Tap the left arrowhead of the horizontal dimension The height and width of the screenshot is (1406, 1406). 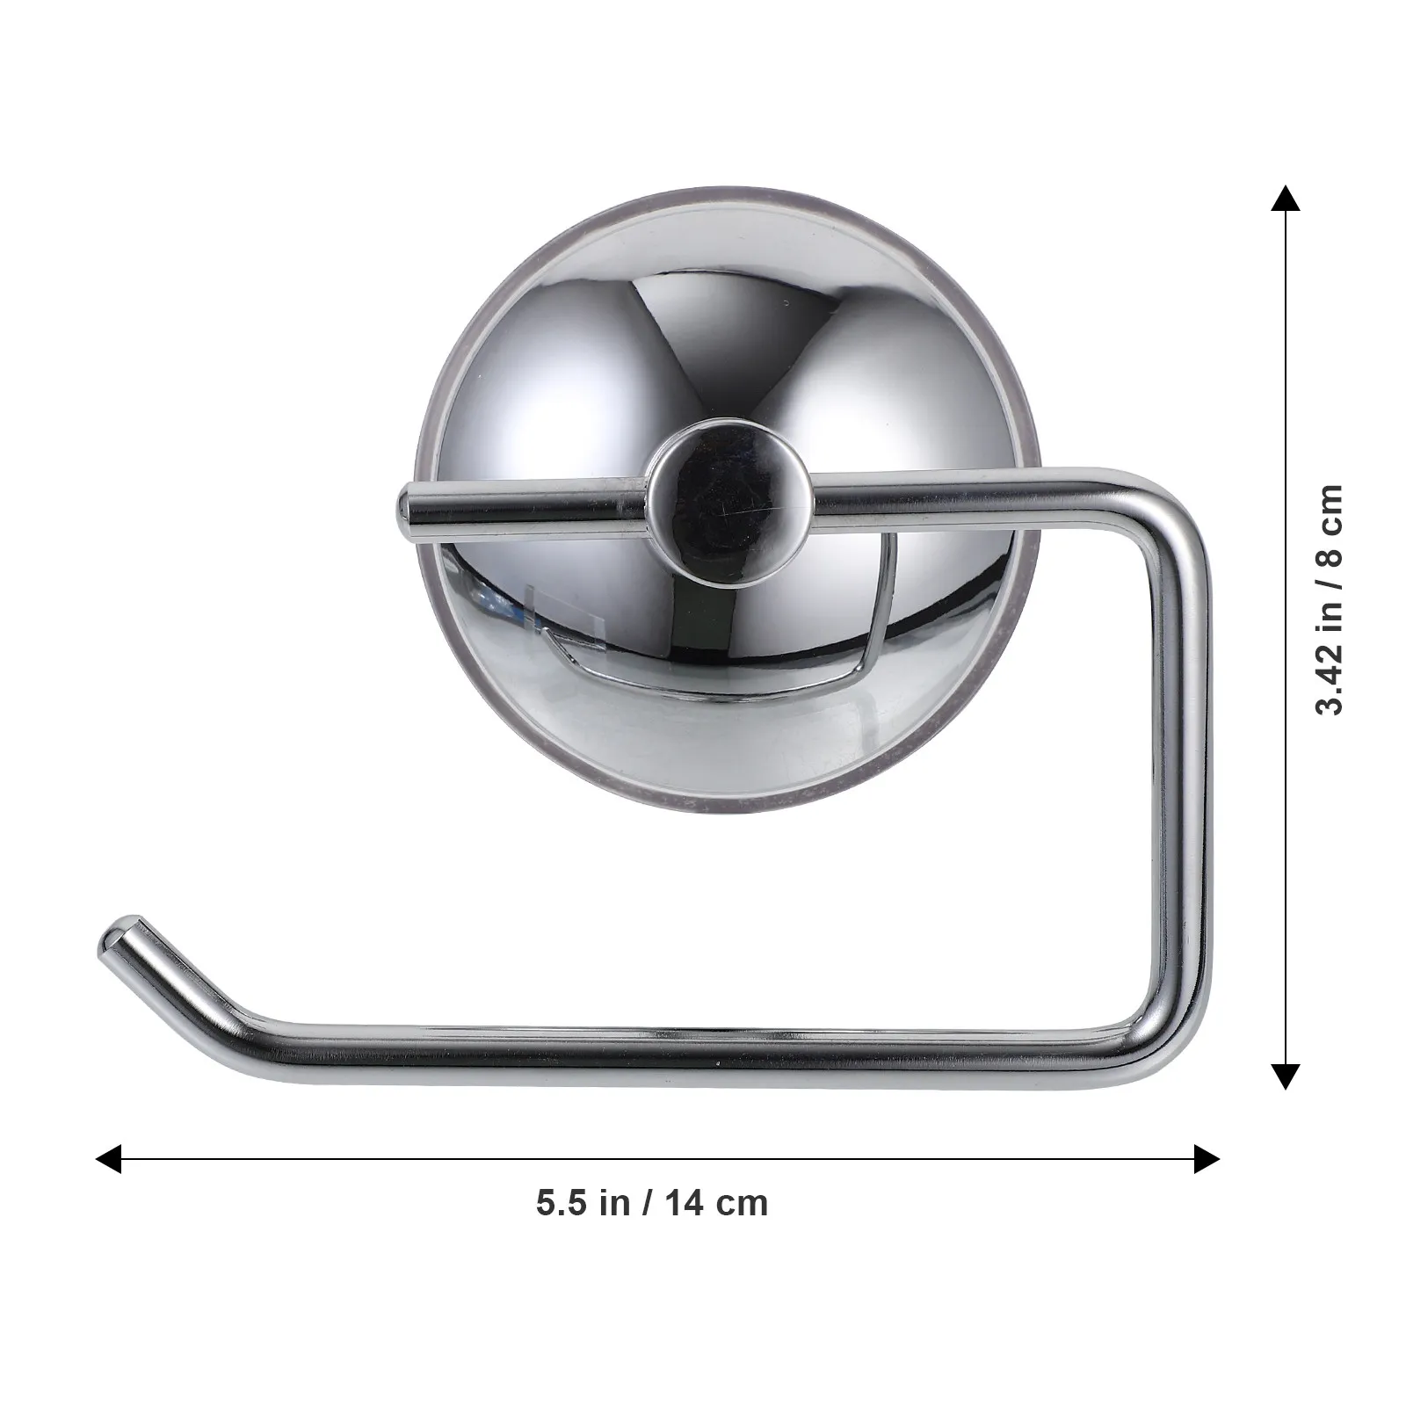click(109, 1158)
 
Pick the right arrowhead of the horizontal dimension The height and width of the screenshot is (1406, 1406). click(1205, 1158)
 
